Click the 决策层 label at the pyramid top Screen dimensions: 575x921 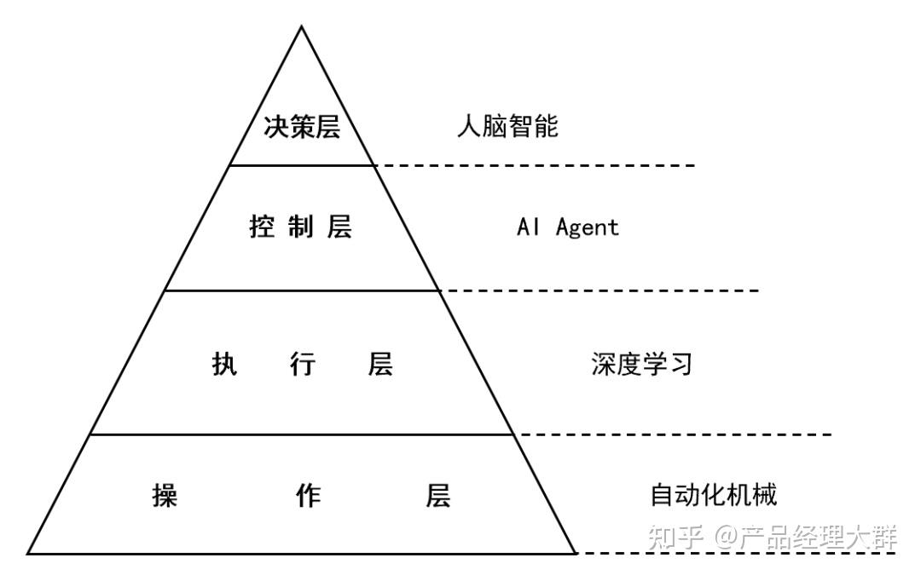(302, 128)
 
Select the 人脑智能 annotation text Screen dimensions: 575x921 (508, 128)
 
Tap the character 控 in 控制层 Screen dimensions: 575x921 (263, 227)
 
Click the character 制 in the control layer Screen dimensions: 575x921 (301, 227)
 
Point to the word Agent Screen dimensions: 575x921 (588, 227)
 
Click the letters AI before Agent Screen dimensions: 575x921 (529, 227)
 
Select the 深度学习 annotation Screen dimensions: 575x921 (641, 365)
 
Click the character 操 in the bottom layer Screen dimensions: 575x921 (165, 495)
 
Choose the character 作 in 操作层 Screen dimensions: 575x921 (308, 495)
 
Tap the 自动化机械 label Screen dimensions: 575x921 (714, 495)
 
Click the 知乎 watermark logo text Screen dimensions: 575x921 (675, 537)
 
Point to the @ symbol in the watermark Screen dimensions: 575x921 (726, 537)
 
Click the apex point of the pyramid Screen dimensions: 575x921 (302, 26)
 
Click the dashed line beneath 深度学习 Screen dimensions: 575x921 (674, 434)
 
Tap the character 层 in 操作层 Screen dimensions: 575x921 (438, 495)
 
